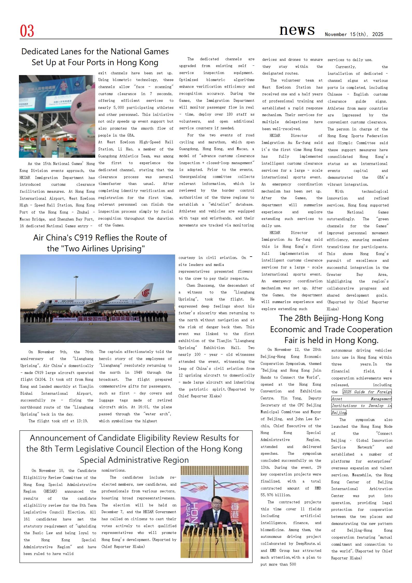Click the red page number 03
coord(27,31)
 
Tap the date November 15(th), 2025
coord(354,35)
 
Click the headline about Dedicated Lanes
coord(95,57)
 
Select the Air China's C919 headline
coord(100,243)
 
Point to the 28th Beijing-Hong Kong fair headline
coord(331,329)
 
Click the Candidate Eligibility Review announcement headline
coord(134,449)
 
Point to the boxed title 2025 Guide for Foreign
coord(367,392)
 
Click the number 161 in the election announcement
coord(26,519)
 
